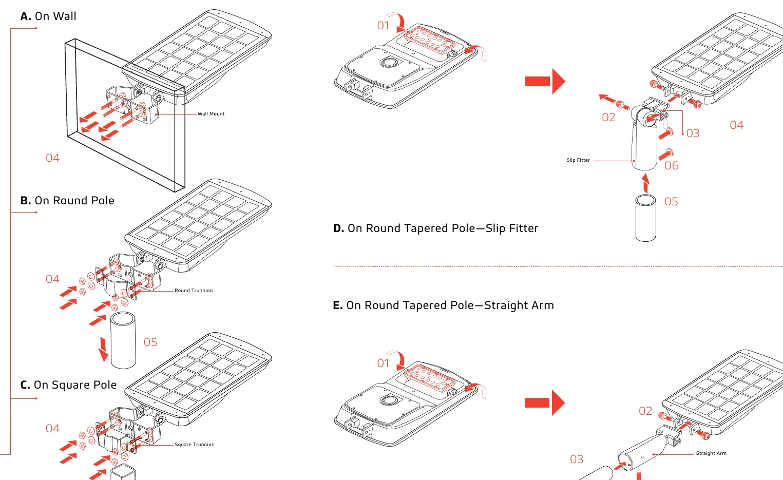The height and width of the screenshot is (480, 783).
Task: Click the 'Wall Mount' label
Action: coord(211,114)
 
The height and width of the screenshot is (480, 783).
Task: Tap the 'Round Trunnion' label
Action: coord(194,291)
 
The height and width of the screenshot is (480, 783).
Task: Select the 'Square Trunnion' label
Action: coord(195,445)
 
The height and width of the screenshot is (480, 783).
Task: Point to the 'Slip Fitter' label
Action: coord(578,160)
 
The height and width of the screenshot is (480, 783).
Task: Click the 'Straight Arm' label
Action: coord(711,453)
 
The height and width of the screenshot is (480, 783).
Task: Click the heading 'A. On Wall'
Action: coord(48,16)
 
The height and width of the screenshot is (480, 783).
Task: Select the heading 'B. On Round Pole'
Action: coord(67,200)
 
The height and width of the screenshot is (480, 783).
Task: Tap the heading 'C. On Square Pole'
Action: coord(68,385)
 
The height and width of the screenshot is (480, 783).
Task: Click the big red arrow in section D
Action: coord(545,82)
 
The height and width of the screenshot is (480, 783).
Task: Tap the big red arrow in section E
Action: coord(545,403)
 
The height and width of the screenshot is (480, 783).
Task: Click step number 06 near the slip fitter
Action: coord(671,166)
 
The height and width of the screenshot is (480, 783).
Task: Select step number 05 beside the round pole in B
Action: coord(150,342)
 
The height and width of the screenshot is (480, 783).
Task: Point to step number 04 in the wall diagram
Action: coord(52,158)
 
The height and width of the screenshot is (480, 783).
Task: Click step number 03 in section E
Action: coord(577,459)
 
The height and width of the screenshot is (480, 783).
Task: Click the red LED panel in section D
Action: coord(430,40)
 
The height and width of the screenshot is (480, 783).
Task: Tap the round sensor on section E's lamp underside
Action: coord(388,400)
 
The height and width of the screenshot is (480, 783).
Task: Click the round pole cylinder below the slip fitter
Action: coord(645,218)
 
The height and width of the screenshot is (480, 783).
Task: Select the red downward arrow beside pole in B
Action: coord(103,349)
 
